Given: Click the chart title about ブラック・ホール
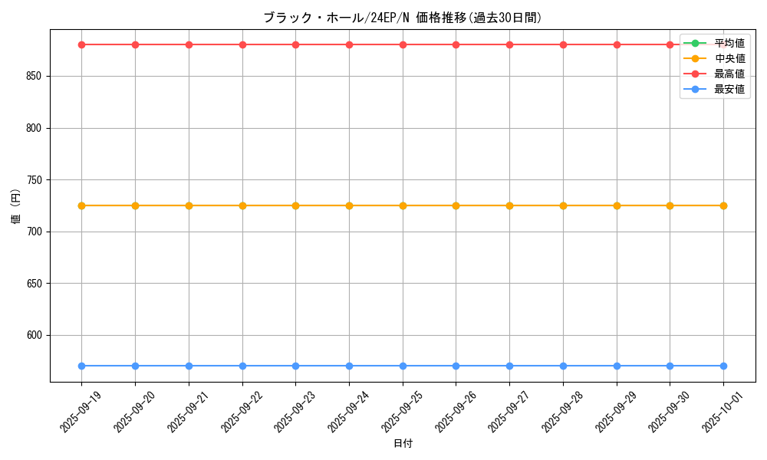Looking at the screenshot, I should pyautogui.click(x=403, y=18).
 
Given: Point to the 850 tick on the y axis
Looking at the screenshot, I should pyautogui.click(x=35, y=77).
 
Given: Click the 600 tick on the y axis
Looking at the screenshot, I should pyautogui.click(x=35, y=336).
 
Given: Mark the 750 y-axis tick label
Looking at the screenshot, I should pyautogui.click(x=35, y=180).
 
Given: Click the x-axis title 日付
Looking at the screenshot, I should pyautogui.click(x=403, y=444).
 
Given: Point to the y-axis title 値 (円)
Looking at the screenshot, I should pyautogui.click(x=16, y=206).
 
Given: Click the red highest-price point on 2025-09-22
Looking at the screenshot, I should pyautogui.click(x=242, y=44).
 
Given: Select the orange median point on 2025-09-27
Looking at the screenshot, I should pyautogui.click(x=509, y=205).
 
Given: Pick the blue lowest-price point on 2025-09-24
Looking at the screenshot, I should pyautogui.click(x=349, y=366).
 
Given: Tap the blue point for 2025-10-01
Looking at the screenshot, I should pyautogui.click(x=723, y=366).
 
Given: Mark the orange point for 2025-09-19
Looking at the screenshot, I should pyautogui.click(x=81, y=205).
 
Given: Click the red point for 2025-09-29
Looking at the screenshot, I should pyautogui.click(x=617, y=44).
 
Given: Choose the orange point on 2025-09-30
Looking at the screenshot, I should pyautogui.click(x=670, y=205).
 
